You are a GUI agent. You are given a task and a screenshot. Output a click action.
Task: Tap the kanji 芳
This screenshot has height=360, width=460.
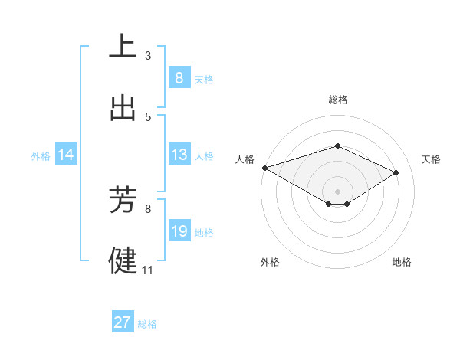click(123, 199)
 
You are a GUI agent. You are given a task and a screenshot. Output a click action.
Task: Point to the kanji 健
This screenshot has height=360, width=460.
click(123, 260)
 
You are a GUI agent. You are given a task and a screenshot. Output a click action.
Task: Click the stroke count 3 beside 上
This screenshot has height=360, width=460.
click(148, 55)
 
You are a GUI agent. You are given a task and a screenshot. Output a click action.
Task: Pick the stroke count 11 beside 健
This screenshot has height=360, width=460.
click(148, 270)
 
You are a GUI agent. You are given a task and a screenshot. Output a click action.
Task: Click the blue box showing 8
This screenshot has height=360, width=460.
click(179, 77)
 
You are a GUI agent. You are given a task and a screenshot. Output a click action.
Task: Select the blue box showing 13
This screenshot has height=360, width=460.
click(179, 155)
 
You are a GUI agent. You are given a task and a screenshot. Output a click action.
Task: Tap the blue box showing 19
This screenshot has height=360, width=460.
click(179, 231)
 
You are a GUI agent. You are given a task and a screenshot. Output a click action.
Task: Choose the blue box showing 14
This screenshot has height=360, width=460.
click(66, 155)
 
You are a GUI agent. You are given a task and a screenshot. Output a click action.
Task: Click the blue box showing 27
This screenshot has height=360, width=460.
click(122, 322)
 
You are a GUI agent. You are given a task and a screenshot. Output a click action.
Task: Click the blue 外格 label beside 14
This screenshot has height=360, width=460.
click(41, 155)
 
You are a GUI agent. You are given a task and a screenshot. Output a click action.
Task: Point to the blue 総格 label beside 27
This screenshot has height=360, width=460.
click(147, 324)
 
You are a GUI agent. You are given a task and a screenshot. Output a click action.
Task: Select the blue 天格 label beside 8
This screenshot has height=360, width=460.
click(204, 79)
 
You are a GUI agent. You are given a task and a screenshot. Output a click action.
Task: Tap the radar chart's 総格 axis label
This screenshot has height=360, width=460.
click(337, 100)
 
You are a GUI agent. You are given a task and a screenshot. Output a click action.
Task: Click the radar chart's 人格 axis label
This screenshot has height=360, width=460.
click(245, 159)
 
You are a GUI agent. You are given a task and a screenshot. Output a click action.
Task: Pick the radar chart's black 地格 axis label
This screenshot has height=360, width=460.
click(402, 262)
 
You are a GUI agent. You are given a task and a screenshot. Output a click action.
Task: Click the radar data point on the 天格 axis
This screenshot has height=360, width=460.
click(396, 172)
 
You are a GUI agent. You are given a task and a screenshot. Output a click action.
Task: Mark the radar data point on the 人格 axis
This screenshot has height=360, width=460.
click(264, 168)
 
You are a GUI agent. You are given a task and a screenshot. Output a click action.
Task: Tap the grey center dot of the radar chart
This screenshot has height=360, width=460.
click(337, 191)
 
